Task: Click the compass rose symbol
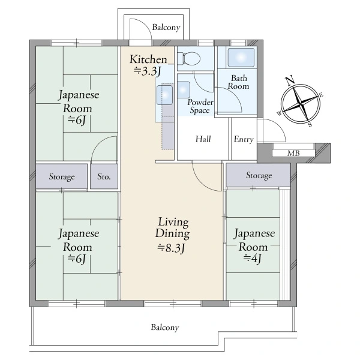299,103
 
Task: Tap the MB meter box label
293,153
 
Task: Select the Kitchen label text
148,59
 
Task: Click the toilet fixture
191,59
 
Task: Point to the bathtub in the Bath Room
239,58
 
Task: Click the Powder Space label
199,106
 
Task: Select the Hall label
203,139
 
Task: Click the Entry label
243,139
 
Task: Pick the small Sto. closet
104,177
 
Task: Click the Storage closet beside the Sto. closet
62,177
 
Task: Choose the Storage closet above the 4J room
259,176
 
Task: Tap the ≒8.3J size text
172,247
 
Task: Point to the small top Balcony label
165,27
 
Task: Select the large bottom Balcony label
164,328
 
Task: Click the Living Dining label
172,227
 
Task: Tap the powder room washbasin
184,88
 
